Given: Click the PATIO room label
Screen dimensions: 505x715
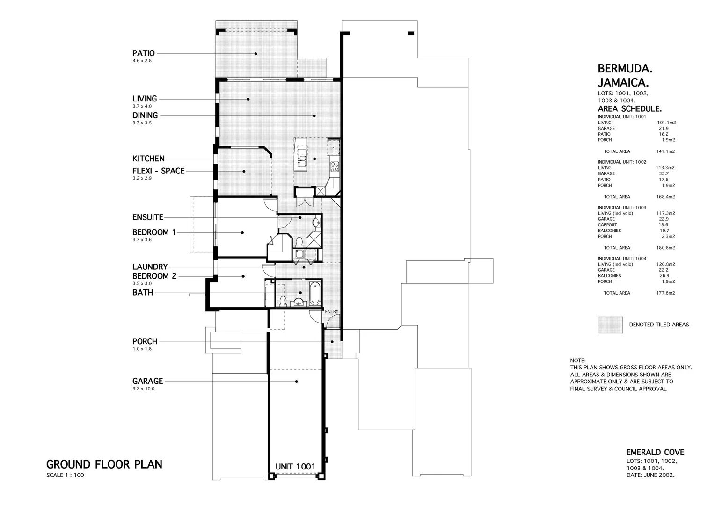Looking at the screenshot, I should [143, 53].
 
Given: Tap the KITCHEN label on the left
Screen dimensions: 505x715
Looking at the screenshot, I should [148, 159].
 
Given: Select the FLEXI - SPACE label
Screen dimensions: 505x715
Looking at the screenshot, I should [158, 171].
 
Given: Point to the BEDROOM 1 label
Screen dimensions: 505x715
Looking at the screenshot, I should [154, 232].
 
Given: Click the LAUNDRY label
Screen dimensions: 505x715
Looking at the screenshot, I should [150, 267].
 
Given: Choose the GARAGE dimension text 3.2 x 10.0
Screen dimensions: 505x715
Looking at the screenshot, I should [143, 389].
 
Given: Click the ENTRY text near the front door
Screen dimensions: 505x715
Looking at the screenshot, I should [331, 312].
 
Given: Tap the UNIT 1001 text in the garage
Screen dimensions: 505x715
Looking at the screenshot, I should [295, 466].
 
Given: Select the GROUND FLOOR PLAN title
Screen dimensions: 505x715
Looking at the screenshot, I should [104, 464].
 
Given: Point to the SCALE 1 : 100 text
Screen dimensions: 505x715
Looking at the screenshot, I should [65, 476].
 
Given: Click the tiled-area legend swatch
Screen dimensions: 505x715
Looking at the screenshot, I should [610, 325].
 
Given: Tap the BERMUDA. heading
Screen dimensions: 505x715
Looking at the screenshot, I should [625, 68].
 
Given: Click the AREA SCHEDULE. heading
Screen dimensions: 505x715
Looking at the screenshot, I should [629, 109].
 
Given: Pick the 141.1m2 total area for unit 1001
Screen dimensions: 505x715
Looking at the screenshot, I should [665, 151].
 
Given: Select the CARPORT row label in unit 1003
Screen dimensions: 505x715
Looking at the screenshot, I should [607, 225].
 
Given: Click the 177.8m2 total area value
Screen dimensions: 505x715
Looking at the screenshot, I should [665, 293].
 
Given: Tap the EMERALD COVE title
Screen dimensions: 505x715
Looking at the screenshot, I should [655, 452].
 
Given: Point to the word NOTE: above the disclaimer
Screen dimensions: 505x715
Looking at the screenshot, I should [578, 361].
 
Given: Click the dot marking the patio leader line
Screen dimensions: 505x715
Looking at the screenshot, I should [256, 54].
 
